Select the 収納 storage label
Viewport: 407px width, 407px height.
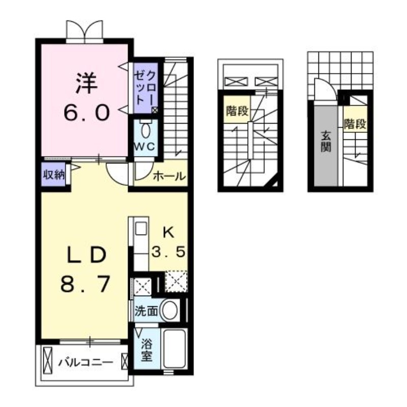pyautogui.click(x=53, y=175)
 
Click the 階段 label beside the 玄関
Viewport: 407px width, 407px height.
pyautogui.click(x=355, y=124)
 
